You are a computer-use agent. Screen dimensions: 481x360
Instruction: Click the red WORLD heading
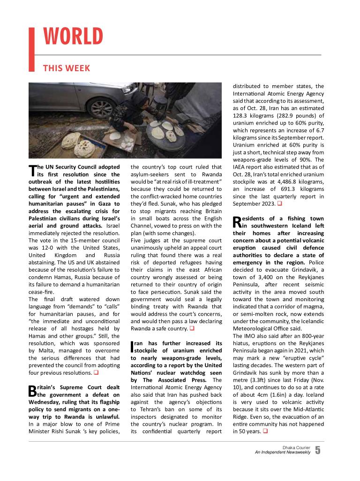pyautogui.click(x=73, y=37)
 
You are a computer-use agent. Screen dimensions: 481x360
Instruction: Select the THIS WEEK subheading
pyautogui.click(x=66, y=68)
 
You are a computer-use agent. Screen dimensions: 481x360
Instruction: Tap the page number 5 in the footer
pyautogui.click(x=318, y=451)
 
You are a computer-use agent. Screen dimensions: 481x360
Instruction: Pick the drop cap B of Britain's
pyautogui.click(x=32, y=390)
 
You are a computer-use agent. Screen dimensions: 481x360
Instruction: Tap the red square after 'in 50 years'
pyautogui.click(x=265, y=431)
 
